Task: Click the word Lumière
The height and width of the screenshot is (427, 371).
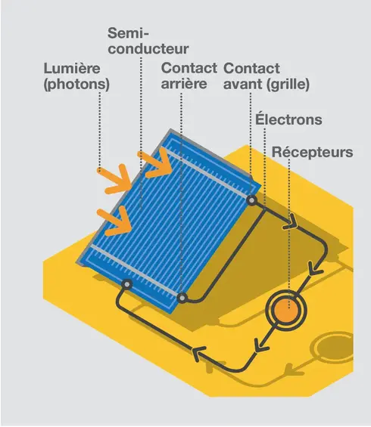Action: point(72,68)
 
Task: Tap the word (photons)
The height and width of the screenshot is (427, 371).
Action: point(76,84)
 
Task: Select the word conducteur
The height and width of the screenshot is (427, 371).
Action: point(148,48)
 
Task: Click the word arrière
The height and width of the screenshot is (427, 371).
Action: point(184,84)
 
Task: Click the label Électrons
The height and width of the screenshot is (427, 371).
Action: point(288,119)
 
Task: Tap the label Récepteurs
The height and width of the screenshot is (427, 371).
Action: point(313,152)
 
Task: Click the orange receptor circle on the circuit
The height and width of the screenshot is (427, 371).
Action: point(286,311)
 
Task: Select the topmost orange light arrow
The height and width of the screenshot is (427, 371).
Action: point(155,162)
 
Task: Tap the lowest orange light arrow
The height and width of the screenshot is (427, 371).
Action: point(115,221)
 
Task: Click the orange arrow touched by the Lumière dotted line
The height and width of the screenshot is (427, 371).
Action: point(115,179)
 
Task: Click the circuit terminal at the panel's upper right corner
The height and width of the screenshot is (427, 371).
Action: point(251,200)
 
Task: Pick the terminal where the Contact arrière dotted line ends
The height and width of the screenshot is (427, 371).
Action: point(182,298)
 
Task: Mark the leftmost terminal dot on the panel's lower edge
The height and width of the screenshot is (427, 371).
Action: point(126,285)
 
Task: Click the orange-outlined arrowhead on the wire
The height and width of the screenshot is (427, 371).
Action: point(291,222)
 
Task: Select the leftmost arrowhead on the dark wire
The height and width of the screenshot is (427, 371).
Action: point(199,353)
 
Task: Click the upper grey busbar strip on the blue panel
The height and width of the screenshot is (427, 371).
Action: point(207,172)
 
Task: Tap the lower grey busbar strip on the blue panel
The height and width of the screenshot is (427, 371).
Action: point(134,270)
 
